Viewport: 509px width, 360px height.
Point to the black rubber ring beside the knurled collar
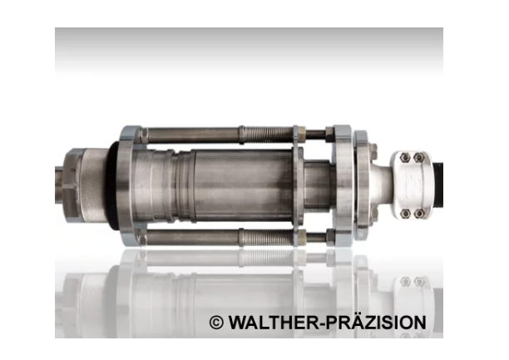click(x=112, y=185)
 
